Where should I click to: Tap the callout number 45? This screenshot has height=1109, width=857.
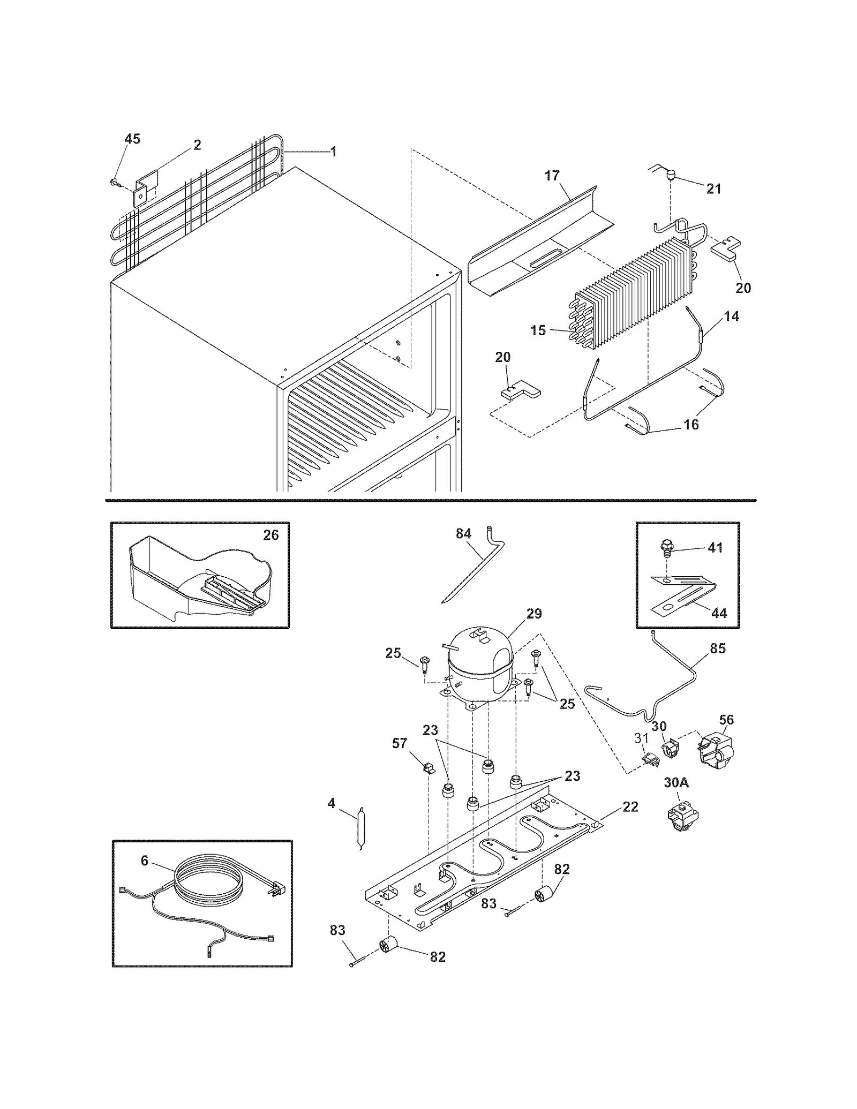(x=132, y=139)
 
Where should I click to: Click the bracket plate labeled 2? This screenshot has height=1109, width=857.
(x=145, y=188)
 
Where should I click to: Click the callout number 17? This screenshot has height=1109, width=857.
(x=552, y=176)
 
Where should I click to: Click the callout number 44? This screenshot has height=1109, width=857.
(x=719, y=613)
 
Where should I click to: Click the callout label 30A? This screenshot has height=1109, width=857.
(x=676, y=782)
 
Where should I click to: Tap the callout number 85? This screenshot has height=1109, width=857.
(x=717, y=648)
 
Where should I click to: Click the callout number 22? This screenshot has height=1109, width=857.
(x=630, y=806)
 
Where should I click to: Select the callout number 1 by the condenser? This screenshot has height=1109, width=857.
(x=333, y=152)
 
